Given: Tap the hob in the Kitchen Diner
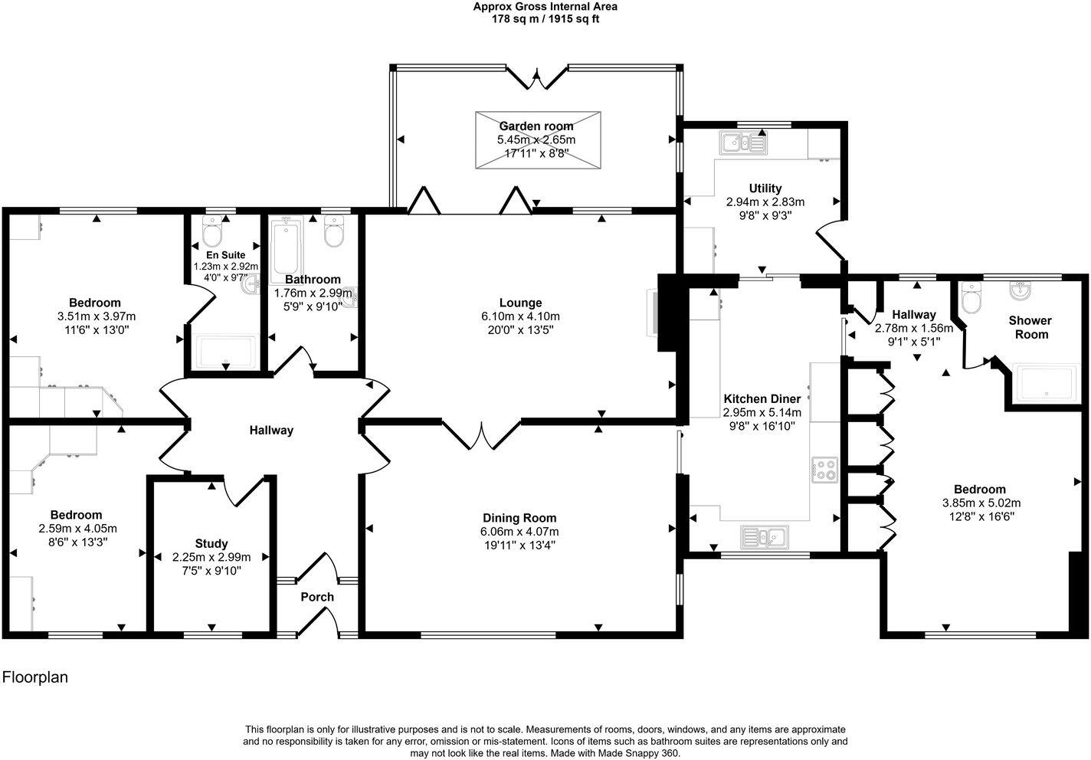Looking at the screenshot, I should (x=824, y=469).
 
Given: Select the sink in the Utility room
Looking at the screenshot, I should (x=742, y=142).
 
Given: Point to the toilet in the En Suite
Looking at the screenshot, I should (x=212, y=231).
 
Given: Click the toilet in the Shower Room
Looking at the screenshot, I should (x=971, y=300).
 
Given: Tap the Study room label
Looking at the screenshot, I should (x=211, y=543).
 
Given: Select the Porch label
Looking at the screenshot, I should (x=317, y=597).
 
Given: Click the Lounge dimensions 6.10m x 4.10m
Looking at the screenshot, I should (x=520, y=316).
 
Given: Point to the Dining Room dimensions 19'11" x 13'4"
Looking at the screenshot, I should (x=519, y=545).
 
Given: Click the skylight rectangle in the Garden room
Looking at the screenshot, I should (x=538, y=139).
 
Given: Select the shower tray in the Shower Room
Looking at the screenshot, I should (x=1046, y=384).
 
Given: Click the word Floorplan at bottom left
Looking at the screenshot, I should (x=36, y=677).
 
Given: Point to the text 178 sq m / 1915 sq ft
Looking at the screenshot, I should (x=545, y=19).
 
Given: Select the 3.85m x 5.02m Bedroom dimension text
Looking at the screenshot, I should (x=981, y=503).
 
